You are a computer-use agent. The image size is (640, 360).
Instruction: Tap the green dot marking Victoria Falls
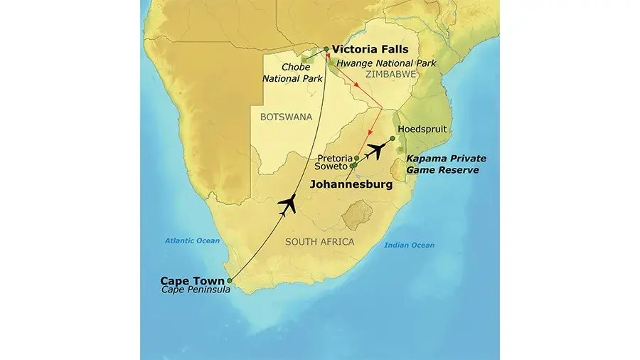tap(326, 49)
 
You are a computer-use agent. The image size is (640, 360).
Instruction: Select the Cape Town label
tap(191, 280)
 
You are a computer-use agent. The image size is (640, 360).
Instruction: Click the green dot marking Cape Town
tap(229, 280)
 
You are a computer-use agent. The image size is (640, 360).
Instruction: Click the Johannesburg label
tap(351, 184)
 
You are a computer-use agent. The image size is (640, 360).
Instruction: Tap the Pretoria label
tap(334, 158)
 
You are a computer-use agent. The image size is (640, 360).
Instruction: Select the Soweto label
tap(331, 168)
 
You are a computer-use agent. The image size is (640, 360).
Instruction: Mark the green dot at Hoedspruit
tap(392, 138)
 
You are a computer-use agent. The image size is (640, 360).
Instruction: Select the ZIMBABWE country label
tap(390, 74)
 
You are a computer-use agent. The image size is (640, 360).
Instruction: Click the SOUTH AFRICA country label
tap(319, 242)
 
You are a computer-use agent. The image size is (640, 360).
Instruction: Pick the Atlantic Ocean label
tap(193, 240)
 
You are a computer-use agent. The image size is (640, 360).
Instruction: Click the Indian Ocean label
tap(409, 245)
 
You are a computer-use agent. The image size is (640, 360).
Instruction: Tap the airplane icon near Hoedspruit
tap(377, 150)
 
